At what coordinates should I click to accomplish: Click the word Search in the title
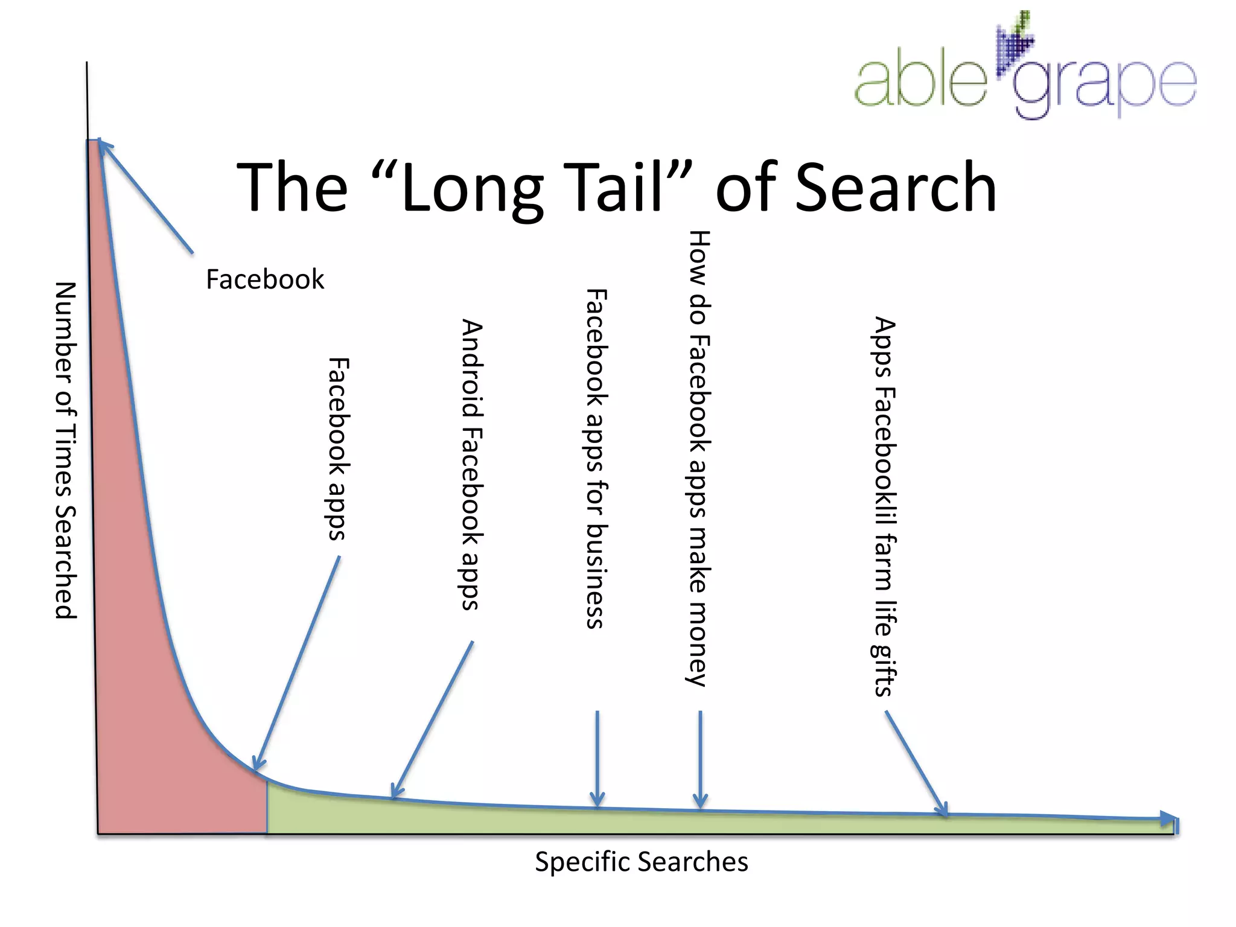click(x=896, y=188)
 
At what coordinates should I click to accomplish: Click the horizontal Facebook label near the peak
click(x=265, y=279)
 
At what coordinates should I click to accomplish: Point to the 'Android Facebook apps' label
click(x=471, y=464)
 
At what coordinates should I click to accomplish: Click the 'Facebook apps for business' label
click(x=596, y=459)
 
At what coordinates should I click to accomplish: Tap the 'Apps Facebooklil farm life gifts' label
click(x=885, y=506)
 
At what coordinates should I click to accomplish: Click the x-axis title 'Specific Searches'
click(x=641, y=862)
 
